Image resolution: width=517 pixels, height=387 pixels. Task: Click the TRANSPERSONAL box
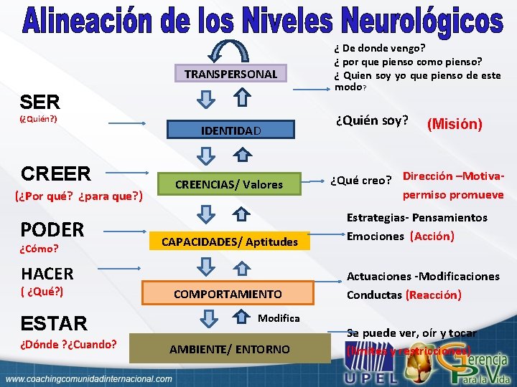pos(230,74)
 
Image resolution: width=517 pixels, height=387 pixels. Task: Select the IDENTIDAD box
pos(230,130)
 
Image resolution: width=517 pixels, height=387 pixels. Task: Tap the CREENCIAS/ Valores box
pos(230,184)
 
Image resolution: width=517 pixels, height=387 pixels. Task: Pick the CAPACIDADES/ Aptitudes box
pos(230,242)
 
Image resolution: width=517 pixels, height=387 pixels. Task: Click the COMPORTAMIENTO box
pos(228,294)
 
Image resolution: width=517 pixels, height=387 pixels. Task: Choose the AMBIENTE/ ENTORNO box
pos(229,349)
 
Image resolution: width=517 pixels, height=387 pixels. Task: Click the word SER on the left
pos(40,102)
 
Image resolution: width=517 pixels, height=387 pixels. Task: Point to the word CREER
pos(56,173)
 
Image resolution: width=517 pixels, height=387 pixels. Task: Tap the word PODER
pos(52,229)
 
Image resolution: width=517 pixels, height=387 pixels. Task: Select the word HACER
pos(47,273)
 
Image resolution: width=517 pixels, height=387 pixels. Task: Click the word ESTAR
pos(54,322)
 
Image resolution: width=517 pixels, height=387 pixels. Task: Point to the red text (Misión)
pos(455,124)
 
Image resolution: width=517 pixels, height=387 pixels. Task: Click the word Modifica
pos(279,317)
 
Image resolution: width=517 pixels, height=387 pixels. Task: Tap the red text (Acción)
pos(432,236)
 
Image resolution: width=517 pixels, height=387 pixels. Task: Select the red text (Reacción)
pos(433,295)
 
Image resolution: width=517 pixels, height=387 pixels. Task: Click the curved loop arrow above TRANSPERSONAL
pos(230,50)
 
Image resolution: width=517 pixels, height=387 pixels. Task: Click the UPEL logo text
pos(371,376)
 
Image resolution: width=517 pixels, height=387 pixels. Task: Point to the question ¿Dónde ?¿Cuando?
pos(69,344)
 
